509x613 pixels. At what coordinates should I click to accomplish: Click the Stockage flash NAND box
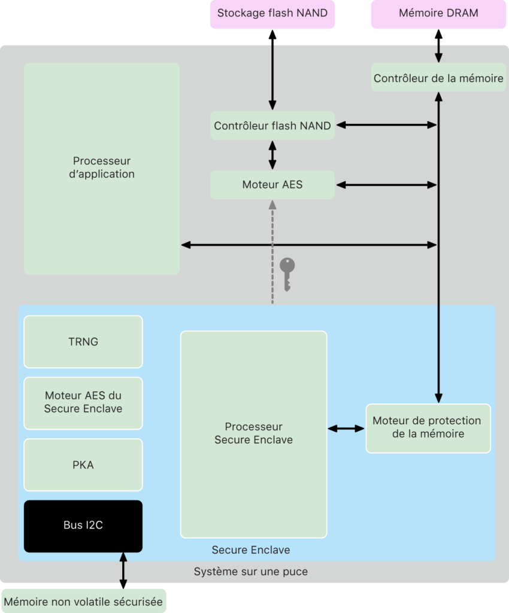pyautogui.click(x=272, y=13)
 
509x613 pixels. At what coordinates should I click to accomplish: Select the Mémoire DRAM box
pyautogui.click(x=438, y=13)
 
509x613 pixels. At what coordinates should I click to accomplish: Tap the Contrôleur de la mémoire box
pyautogui.click(x=438, y=78)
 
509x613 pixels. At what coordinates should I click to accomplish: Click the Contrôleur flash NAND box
pyautogui.click(x=272, y=126)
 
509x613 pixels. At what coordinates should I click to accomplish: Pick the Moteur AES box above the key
pyautogui.click(x=272, y=185)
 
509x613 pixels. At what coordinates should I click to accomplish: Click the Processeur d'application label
pyautogui.click(x=102, y=168)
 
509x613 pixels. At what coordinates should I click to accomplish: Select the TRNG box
pyautogui.click(x=83, y=342)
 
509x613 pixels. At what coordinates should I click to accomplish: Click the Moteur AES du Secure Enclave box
pyautogui.click(x=83, y=402)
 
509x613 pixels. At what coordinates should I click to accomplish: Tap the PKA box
pyautogui.click(x=83, y=465)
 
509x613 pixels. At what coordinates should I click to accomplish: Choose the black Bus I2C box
pyautogui.click(x=83, y=526)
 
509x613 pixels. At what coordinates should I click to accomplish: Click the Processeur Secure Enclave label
pyautogui.click(x=253, y=433)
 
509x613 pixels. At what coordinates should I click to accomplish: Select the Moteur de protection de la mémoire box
pyautogui.click(x=428, y=427)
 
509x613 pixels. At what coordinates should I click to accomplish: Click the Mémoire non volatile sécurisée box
pyautogui.click(x=83, y=602)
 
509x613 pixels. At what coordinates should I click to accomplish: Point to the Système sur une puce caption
pyautogui.click(x=251, y=572)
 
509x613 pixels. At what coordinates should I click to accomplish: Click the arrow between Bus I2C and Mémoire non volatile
pyautogui.click(x=123, y=571)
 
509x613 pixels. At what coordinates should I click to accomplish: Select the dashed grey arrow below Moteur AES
pyautogui.click(x=272, y=251)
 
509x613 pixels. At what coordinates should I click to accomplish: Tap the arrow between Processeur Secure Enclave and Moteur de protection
pyautogui.click(x=346, y=428)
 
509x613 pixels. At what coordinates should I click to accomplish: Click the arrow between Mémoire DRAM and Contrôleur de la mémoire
pyautogui.click(x=438, y=45)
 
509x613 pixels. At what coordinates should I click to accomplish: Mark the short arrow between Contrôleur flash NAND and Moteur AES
pyautogui.click(x=272, y=155)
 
